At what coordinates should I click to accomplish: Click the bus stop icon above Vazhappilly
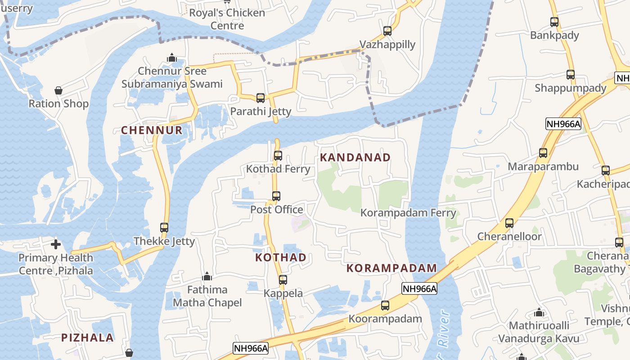tap(387, 31)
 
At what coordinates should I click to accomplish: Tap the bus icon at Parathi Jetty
tap(261, 98)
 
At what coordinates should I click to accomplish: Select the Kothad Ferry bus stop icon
tap(278, 156)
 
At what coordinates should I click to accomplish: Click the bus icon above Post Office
tap(276, 196)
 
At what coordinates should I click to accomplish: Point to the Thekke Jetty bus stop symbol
tap(164, 228)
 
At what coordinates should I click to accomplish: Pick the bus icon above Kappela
tap(283, 280)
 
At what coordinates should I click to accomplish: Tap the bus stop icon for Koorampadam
tap(385, 306)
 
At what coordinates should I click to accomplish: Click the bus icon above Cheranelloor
tap(509, 223)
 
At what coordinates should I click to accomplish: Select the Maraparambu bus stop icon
tap(543, 153)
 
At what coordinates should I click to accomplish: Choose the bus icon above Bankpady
tap(554, 22)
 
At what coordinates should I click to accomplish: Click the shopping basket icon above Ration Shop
tap(58, 90)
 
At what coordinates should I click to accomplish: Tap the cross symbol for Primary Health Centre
tap(56, 244)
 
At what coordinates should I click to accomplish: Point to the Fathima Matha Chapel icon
tap(207, 276)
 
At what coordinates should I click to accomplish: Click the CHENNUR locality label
tap(152, 130)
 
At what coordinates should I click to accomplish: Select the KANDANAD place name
tap(355, 157)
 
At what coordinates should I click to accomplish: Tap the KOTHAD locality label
tap(281, 257)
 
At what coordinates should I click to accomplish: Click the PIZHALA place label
tap(87, 337)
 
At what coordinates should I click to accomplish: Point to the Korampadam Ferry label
tap(408, 212)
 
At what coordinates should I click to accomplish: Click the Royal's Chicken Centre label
tap(227, 19)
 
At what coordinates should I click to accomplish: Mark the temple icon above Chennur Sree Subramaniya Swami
tap(171, 58)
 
